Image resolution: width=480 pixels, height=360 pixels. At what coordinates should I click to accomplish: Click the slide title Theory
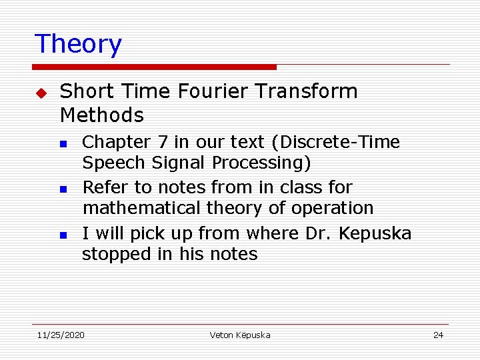(x=78, y=44)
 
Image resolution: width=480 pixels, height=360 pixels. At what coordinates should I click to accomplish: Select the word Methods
(x=101, y=115)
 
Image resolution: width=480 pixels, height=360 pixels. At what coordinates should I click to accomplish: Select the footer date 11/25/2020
(x=61, y=335)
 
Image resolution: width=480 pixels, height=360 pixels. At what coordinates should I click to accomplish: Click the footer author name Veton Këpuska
(x=240, y=335)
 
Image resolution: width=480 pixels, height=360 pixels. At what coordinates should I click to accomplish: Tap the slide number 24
(x=438, y=335)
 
